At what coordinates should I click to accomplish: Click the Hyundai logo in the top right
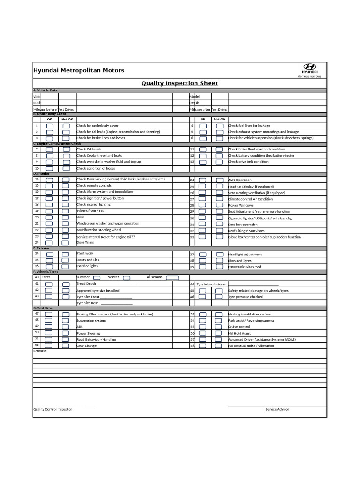pyautogui.click(x=310, y=68)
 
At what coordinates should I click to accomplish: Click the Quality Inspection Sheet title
pyautogui.click(x=180, y=83)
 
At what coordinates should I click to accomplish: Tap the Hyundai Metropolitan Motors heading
pyautogui.click(x=79, y=70)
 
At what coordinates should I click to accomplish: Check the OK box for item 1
pyautogui.click(x=50, y=126)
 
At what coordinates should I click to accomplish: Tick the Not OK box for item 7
pyautogui.click(x=67, y=150)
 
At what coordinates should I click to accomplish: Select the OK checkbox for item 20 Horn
pyautogui.click(x=50, y=218)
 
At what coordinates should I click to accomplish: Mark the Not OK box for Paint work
pyautogui.click(x=67, y=254)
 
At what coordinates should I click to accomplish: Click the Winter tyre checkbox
pyautogui.click(x=127, y=277)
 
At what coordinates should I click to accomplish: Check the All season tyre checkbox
pyautogui.click(x=172, y=277)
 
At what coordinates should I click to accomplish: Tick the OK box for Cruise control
pyautogui.click(x=202, y=327)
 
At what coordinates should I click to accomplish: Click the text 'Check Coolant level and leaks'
pyautogui.click(x=99, y=155)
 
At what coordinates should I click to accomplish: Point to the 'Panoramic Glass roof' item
pyautogui.click(x=244, y=267)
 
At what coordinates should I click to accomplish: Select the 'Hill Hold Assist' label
pyautogui.click(x=240, y=333)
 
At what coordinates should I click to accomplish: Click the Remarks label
pyautogui.click(x=40, y=351)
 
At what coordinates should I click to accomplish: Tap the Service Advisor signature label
pyautogui.click(x=277, y=409)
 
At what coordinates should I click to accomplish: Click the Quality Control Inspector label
pyautogui.click(x=52, y=409)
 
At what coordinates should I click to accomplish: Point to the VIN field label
pyautogui.click(x=37, y=96)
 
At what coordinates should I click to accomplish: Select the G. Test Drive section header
pyautogui.click(x=43, y=308)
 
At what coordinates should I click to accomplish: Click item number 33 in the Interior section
pyautogui.click(x=192, y=237)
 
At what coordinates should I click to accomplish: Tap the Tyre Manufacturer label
pyautogui.click(x=211, y=284)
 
